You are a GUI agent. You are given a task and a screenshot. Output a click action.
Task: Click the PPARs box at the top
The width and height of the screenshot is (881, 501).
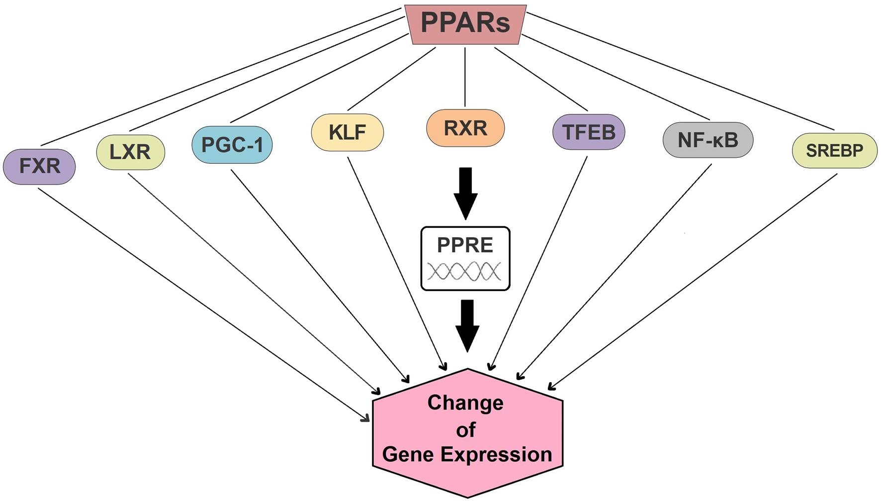(x=465, y=24)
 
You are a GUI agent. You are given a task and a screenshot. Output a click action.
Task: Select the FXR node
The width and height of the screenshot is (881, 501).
(x=39, y=166)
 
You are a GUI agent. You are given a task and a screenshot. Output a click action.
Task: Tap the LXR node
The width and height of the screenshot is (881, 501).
(x=130, y=152)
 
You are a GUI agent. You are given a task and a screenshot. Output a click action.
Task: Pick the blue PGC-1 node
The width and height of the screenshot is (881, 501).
(x=232, y=145)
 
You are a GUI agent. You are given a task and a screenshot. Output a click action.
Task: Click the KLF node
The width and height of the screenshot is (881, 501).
(x=347, y=132)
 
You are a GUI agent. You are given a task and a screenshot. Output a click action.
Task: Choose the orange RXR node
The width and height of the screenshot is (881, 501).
(x=465, y=128)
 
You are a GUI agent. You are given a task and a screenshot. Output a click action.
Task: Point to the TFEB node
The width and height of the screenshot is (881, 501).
(x=589, y=132)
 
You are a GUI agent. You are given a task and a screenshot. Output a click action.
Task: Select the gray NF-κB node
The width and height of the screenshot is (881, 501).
(x=708, y=140)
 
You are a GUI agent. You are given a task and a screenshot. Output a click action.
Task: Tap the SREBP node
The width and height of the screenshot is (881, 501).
(x=834, y=150)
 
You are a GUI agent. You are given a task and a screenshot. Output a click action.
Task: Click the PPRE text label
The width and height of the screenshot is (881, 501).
(x=465, y=245)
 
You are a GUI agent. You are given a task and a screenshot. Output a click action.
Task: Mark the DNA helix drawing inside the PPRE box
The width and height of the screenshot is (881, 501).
(x=464, y=272)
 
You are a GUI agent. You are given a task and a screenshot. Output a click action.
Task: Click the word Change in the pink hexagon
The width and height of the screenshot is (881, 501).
(x=465, y=402)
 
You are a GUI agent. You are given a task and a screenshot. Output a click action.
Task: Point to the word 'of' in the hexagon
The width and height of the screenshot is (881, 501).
(x=466, y=430)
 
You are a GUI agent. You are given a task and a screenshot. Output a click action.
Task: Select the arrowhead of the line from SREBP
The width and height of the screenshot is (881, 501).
(x=550, y=387)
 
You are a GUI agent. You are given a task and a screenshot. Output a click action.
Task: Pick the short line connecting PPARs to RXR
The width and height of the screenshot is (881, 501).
(x=465, y=77)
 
